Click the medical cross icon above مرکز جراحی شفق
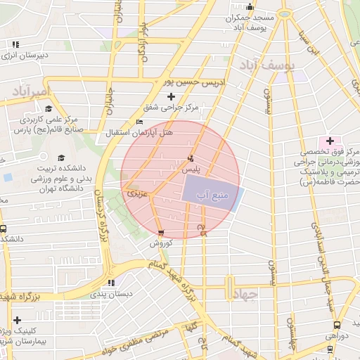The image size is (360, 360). point(171,96)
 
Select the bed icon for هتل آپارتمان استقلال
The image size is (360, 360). point(139,121)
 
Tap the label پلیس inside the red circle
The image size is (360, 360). point(191,169)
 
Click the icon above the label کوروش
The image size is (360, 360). point(162,233)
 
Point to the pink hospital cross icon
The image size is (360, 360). point(330,141)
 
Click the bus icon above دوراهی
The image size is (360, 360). point(337,325)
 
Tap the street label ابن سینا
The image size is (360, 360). point(302,42)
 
